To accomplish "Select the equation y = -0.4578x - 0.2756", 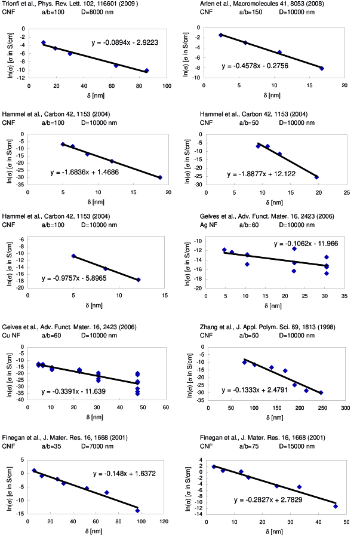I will coord(255,65).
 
